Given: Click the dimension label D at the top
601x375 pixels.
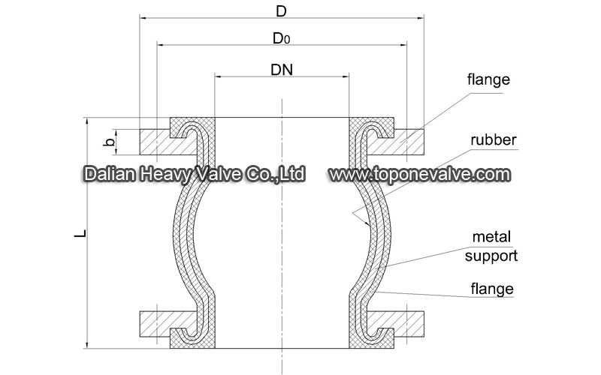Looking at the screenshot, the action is (281, 11).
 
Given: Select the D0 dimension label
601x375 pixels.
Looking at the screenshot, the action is (281, 38).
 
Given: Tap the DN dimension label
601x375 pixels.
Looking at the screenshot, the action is (282, 70).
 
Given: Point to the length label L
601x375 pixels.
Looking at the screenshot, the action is (80, 233).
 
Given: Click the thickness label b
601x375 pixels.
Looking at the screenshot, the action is (110, 142).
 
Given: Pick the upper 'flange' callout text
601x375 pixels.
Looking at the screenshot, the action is (488, 79).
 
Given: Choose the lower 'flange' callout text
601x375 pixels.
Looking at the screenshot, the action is (492, 289).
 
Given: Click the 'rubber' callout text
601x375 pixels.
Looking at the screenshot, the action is (494, 140).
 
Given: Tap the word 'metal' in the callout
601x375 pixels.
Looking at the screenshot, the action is (491, 237).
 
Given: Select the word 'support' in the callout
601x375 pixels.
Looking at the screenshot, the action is (491, 256).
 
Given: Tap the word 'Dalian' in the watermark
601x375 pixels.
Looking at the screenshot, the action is (109, 174).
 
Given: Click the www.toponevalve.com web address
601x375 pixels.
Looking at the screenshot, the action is (420, 175).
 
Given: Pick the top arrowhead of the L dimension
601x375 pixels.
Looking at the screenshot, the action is (87, 121).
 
